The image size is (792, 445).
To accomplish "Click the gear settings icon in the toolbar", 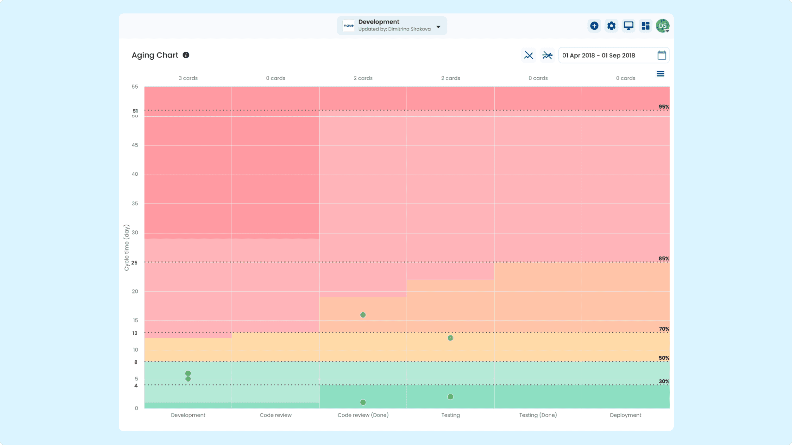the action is coord(611,26).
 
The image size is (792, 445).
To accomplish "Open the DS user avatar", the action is coord(663,26).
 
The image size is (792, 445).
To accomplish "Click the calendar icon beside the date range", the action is coord(662,55).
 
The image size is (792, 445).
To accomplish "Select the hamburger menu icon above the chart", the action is coord(660,74).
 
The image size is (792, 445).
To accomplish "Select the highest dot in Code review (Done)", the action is coord(363,315).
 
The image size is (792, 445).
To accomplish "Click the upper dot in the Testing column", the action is coord(450,338).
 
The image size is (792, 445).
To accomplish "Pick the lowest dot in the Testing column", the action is coord(450,397).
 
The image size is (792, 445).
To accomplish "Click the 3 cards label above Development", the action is coord(188,78).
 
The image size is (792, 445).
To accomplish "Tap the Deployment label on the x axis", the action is coord(626,415).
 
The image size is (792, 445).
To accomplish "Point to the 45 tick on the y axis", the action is coord(135,145).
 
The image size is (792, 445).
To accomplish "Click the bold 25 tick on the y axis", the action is coord(134,263).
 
